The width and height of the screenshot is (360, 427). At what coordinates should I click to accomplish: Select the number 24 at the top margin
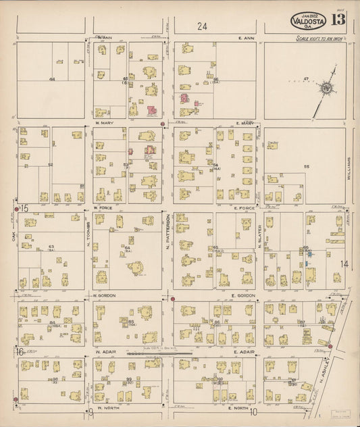point(202,26)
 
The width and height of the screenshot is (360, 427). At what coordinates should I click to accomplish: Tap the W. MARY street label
point(105,123)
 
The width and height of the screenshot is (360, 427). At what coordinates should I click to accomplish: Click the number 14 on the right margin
point(344,264)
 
